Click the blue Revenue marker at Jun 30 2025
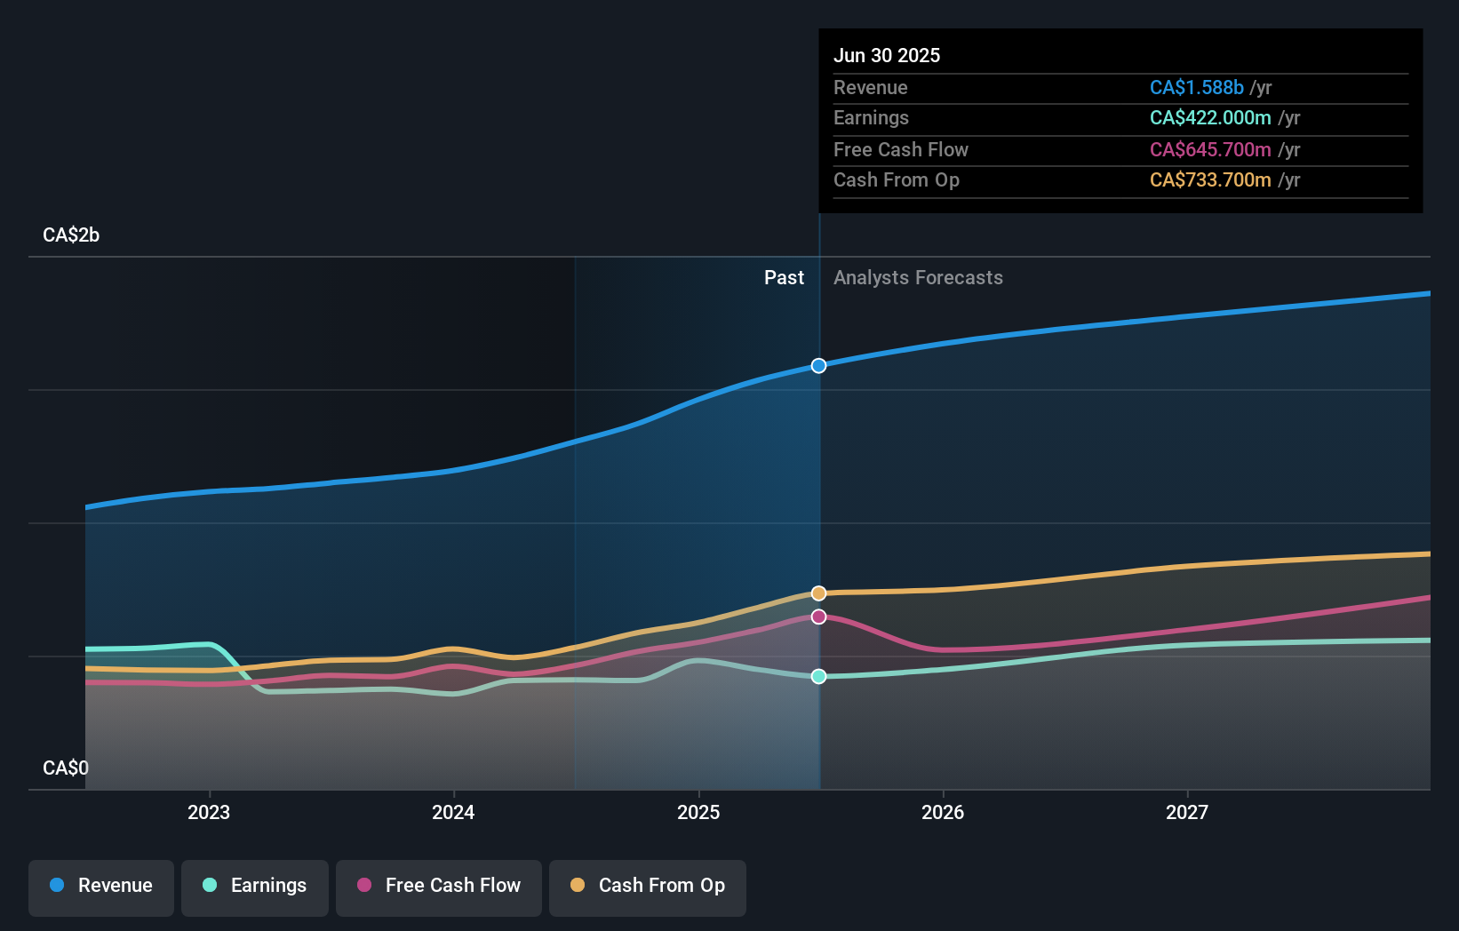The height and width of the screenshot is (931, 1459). pyautogui.click(x=818, y=366)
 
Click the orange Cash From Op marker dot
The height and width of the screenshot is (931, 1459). pyautogui.click(x=818, y=593)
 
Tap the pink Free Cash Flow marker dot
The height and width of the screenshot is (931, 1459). pyautogui.click(x=818, y=617)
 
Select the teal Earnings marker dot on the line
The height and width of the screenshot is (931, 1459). pyautogui.click(x=818, y=677)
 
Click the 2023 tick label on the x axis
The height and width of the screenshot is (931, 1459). pyautogui.click(x=209, y=812)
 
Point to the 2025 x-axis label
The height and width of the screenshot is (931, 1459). pyautogui.click(x=698, y=812)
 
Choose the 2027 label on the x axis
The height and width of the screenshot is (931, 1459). pyautogui.click(x=1187, y=812)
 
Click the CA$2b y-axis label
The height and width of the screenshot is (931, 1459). pyautogui.click(x=71, y=235)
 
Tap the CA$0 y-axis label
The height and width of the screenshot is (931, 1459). pyautogui.click(x=66, y=768)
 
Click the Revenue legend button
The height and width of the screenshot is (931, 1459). pyautogui.click(x=101, y=886)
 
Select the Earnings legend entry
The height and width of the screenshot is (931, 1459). pyautogui.click(x=255, y=886)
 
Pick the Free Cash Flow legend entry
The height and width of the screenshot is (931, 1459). pyautogui.click(x=439, y=886)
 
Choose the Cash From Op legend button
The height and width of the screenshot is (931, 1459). pyautogui.click(x=648, y=886)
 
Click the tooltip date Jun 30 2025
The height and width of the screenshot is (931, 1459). pyautogui.click(x=887, y=55)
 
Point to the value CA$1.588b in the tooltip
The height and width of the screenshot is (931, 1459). pyautogui.click(x=1196, y=87)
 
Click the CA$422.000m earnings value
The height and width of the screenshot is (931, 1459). pyautogui.click(x=1209, y=118)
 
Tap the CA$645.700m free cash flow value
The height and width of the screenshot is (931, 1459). pyautogui.click(x=1209, y=149)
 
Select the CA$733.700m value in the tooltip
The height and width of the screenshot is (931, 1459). pyautogui.click(x=1209, y=180)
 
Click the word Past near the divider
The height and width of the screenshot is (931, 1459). pyautogui.click(x=784, y=278)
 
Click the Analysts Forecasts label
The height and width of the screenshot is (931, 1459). pyautogui.click(x=918, y=278)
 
